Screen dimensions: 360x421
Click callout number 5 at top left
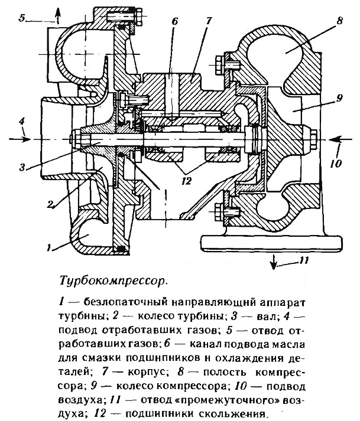click(22, 18)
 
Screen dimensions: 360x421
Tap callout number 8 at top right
click(339, 21)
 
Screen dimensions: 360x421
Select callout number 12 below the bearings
click(186, 181)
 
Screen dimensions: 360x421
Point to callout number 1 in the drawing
click(48, 247)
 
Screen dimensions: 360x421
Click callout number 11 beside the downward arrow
click(303, 260)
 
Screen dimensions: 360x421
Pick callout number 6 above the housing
click(175, 21)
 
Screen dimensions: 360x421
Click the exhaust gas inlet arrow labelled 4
click(20, 139)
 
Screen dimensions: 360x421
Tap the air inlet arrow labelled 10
click(340, 139)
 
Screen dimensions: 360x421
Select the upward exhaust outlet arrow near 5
click(58, 16)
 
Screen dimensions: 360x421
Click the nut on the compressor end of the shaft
click(313, 139)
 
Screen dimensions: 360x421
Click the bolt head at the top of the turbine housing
click(139, 17)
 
